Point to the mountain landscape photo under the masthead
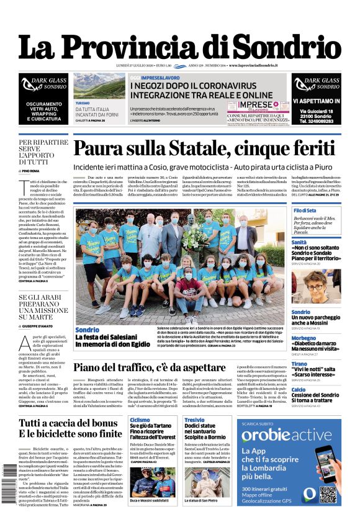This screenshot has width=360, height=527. click(x=99, y=86)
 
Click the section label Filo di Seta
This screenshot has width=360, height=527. click(x=305, y=211)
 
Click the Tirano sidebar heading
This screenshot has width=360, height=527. click(x=299, y=364)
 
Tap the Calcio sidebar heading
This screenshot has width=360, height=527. click(x=299, y=389)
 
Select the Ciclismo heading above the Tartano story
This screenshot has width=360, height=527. click(x=140, y=420)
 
